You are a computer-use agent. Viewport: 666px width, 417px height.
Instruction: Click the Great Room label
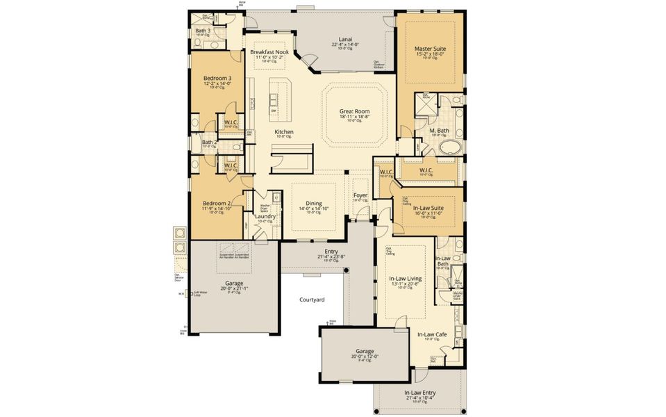tap(354, 111)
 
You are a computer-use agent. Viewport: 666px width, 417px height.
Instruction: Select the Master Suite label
tap(430, 49)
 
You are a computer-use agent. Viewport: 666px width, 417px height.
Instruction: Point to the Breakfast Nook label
tap(269, 52)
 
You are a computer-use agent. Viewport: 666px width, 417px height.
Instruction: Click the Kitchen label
tap(283, 132)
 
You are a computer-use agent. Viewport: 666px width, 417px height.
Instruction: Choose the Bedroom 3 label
tap(217, 78)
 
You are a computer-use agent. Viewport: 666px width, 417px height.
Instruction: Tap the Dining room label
tap(314, 203)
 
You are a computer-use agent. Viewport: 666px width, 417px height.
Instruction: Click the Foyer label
tap(360, 196)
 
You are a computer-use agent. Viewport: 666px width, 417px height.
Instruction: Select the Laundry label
tap(265, 216)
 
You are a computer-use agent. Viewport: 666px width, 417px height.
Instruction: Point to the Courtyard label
tap(312, 300)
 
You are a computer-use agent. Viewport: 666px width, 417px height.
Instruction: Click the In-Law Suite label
tap(428, 208)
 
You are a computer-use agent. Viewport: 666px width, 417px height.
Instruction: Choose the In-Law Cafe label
tap(432, 334)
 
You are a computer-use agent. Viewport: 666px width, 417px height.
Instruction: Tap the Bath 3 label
tap(202, 31)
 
